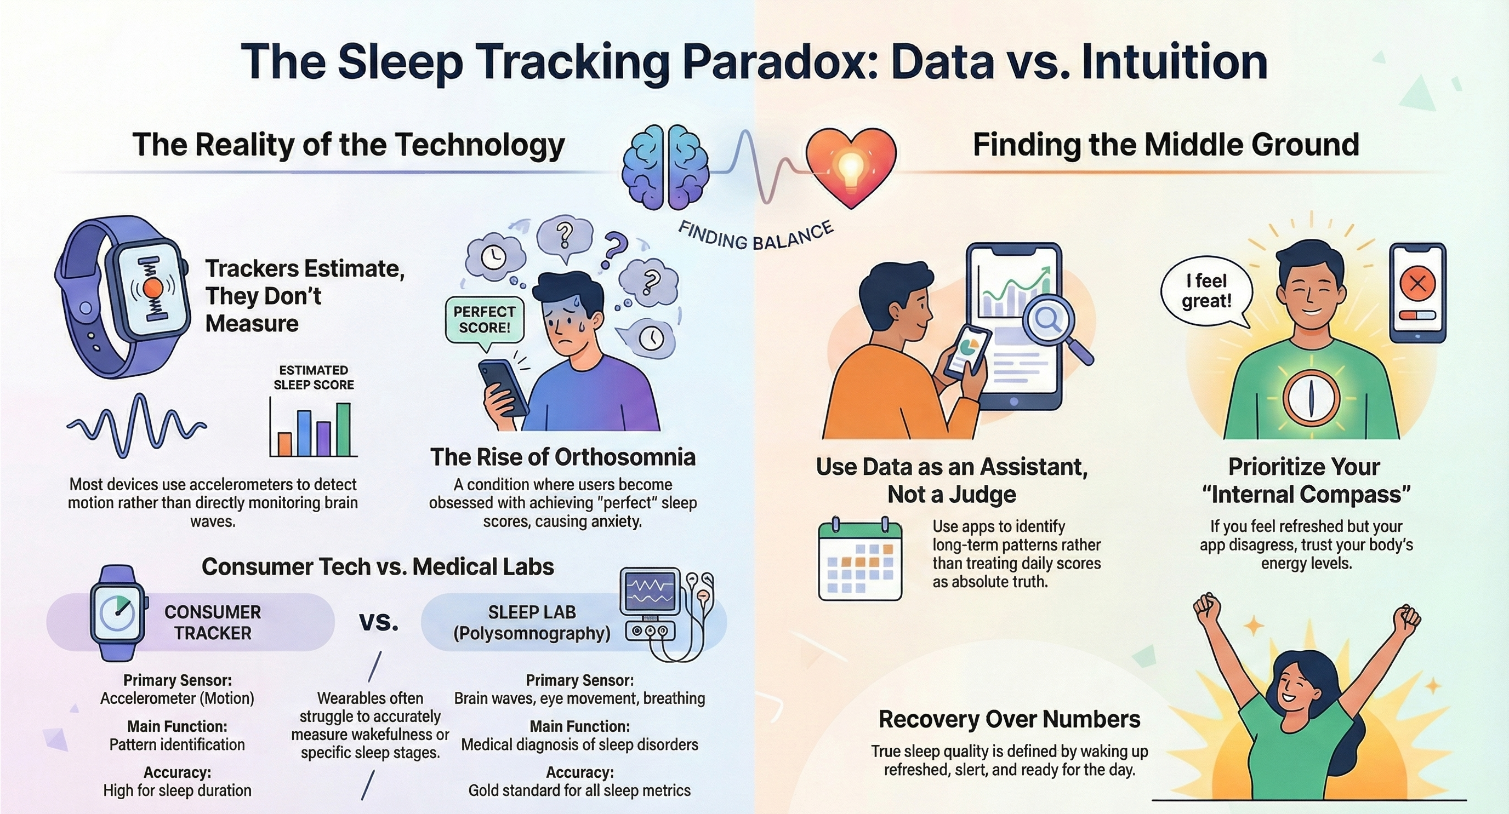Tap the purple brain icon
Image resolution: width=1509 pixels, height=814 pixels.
coord(665,168)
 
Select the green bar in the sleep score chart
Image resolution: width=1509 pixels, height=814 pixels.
coord(343,429)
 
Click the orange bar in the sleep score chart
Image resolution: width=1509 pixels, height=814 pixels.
coord(284,444)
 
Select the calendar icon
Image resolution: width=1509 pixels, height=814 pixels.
coord(860,559)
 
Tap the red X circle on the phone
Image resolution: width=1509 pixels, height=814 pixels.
coord(1417,284)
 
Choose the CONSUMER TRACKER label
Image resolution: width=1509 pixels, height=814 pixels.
coord(213,622)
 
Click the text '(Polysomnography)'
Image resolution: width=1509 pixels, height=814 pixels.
coord(532,633)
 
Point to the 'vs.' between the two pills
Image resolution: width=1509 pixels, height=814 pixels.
coord(379,622)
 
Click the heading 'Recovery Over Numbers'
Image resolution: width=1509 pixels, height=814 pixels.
coord(1009,719)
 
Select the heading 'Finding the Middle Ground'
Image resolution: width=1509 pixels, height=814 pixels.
coord(1166,145)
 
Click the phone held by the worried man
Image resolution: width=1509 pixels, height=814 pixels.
coord(503,388)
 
